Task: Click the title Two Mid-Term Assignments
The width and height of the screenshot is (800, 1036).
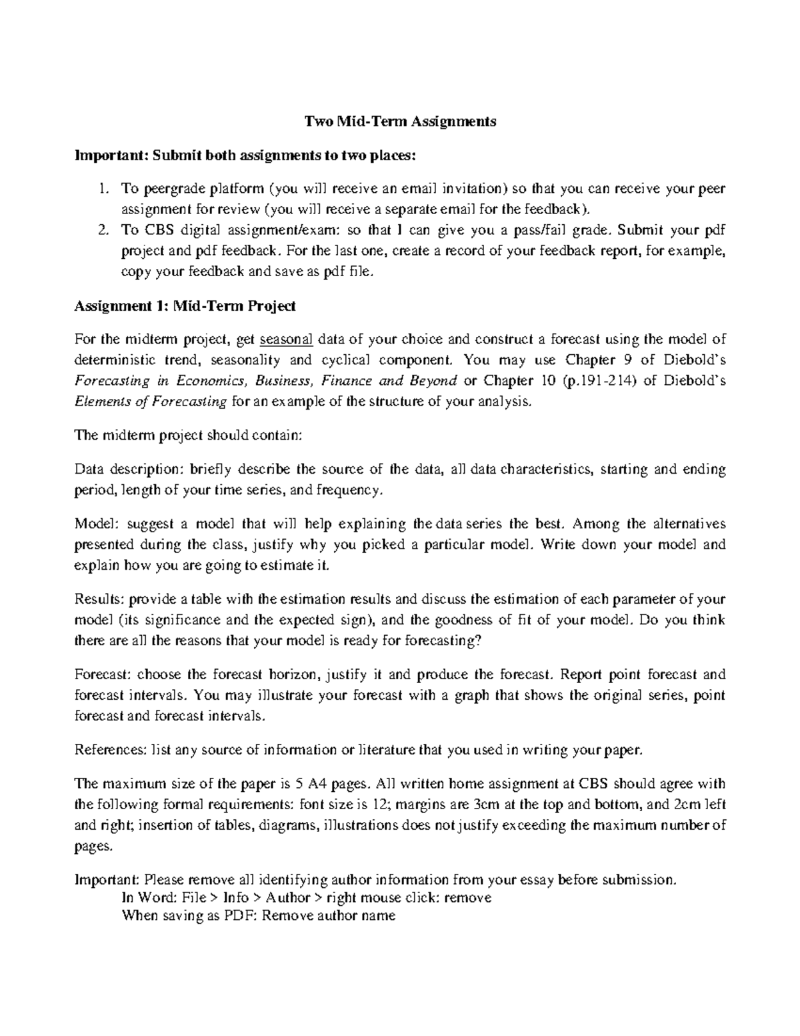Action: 400,121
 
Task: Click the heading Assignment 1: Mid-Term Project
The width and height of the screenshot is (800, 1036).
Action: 185,306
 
